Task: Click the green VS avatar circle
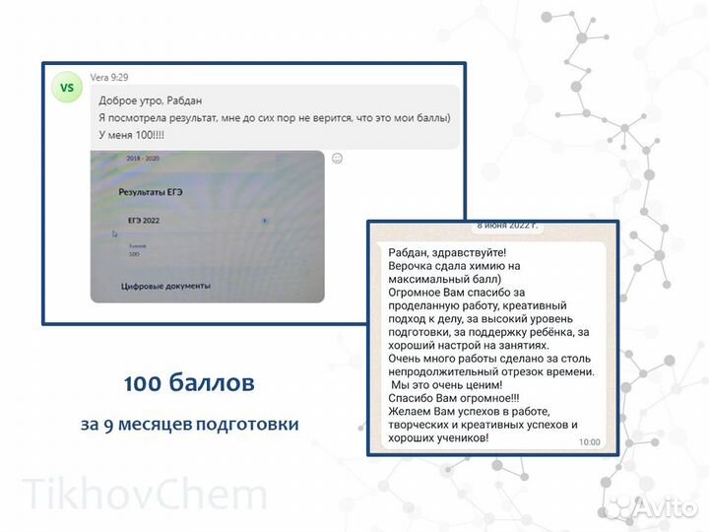[67, 88]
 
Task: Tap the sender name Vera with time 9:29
[109, 76]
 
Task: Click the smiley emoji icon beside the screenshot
[337, 158]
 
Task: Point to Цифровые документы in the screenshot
[165, 286]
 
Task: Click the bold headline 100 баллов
[189, 381]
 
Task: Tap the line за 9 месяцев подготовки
[190, 425]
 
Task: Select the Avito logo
[651, 505]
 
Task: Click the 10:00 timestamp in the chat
[589, 442]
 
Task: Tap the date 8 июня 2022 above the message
[507, 226]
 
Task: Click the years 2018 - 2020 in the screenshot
[144, 159]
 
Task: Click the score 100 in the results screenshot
[135, 254]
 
